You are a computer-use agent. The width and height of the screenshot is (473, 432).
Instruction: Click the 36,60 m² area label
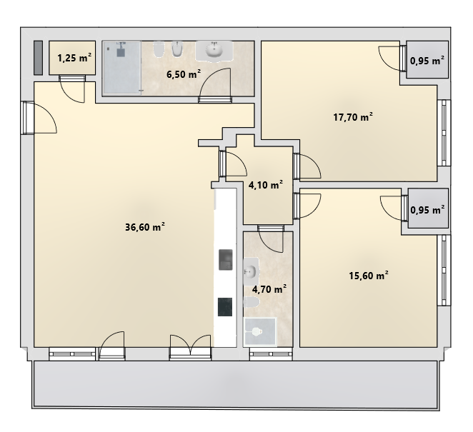[x=145, y=226]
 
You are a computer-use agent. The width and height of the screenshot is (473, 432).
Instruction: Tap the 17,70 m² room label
[x=353, y=116]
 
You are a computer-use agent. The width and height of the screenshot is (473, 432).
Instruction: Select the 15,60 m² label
[x=368, y=275]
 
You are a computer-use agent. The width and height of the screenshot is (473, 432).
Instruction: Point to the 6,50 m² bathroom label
[x=184, y=74]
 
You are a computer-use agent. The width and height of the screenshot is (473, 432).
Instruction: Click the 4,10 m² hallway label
[x=266, y=184]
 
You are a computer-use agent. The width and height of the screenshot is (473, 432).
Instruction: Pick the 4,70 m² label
[x=269, y=289]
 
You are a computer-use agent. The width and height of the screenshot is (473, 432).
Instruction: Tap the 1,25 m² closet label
[x=74, y=57]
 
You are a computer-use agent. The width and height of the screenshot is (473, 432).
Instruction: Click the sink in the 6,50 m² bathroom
[x=214, y=50]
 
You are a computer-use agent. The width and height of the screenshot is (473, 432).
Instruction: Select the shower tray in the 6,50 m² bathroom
[x=122, y=67]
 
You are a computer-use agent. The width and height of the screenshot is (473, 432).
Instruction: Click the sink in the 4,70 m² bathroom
[x=250, y=271]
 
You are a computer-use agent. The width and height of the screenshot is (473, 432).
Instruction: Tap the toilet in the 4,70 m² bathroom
[x=252, y=302]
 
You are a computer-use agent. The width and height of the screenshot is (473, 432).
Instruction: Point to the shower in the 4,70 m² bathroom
[x=260, y=331]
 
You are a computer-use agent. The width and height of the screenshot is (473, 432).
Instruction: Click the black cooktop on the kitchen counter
[x=225, y=307]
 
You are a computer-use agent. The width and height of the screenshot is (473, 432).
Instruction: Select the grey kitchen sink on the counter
[x=225, y=260]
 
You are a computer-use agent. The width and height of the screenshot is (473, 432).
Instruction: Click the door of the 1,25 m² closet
[x=72, y=89]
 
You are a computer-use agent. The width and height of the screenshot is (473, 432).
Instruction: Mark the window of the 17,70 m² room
[x=444, y=133]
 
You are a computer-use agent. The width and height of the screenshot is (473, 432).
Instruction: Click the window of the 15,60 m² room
[x=444, y=270]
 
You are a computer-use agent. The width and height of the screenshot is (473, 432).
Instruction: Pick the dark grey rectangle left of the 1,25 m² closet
[x=38, y=58]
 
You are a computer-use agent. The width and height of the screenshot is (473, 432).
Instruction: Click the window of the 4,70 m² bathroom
[x=271, y=354]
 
